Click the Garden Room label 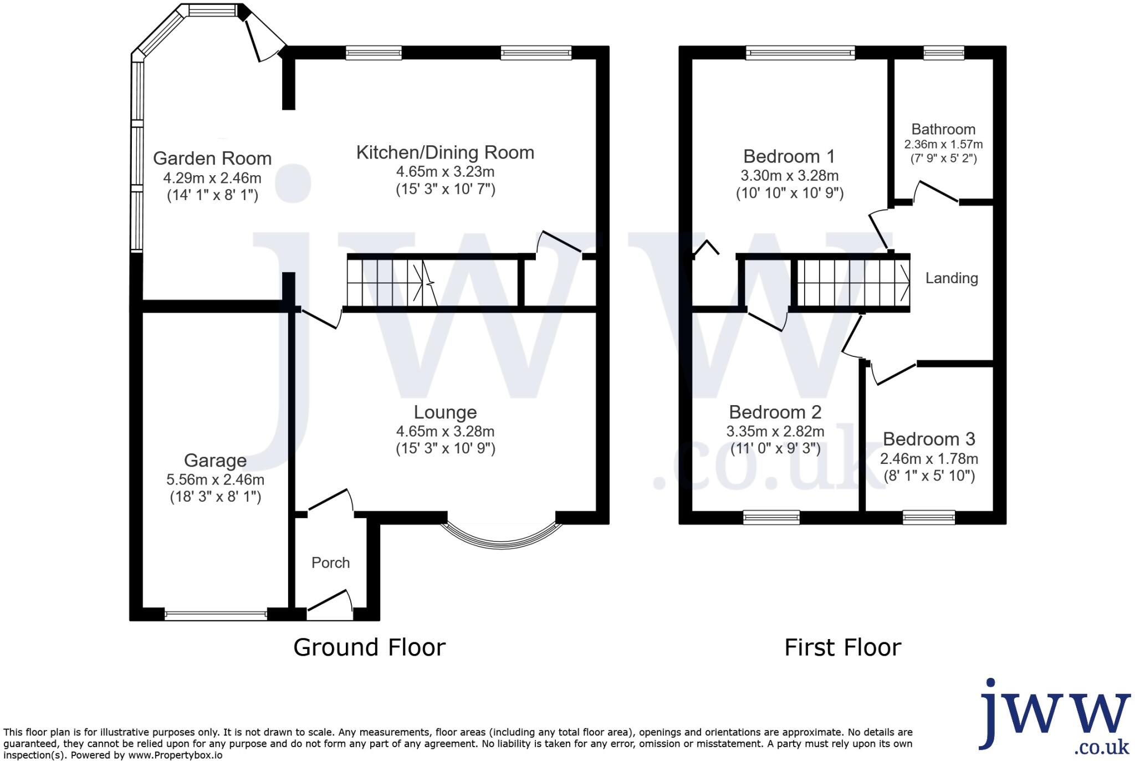[212, 159]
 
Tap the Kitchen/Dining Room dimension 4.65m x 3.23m [445, 171]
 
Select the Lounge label [445, 412]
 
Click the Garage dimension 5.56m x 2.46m [215, 479]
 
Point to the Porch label [330, 563]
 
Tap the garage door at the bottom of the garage [216, 614]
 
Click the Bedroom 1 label [789, 156]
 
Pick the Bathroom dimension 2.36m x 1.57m [943, 145]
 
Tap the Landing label [952, 278]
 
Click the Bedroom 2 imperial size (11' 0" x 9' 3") [775, 448]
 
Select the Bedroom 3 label [929, 439]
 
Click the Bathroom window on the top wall [943, 53]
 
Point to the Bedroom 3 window [929, 518]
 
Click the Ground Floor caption [369, 647]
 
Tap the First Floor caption [842, 647]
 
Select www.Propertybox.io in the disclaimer [175, 755]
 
